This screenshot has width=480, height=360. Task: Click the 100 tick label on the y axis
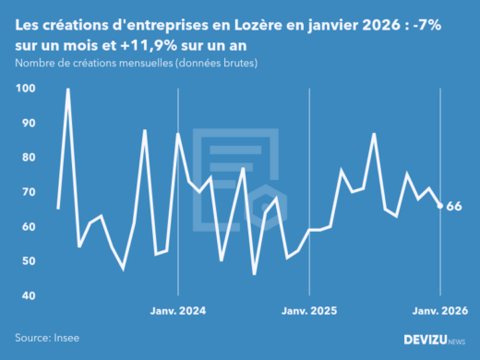[26, 89]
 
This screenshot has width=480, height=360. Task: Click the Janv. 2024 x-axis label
[177, 311]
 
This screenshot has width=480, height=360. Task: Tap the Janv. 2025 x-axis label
[308, 311]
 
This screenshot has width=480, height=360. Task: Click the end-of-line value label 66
[454, 207]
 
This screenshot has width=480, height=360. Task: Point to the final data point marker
[439, 206]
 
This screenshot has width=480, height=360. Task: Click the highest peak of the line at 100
[68, 90]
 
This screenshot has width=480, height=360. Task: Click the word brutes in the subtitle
[236, 63]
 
